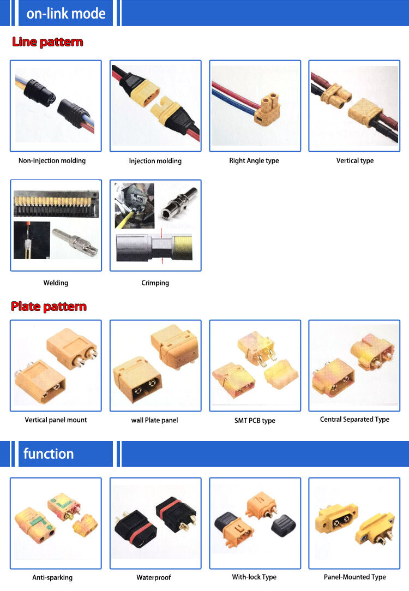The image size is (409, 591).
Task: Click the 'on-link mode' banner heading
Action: [65, 13]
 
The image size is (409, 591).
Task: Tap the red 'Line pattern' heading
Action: [47, 42]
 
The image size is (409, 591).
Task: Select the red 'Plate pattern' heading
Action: [49, 307]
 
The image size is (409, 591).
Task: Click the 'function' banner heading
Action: [49, 453]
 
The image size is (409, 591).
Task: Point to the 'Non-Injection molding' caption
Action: [52, 160]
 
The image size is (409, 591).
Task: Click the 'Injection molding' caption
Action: [155, 161]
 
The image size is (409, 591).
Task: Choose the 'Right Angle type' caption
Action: [254, 160]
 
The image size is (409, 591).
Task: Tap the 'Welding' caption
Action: [56, 283]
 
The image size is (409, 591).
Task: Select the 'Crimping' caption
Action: [155, 283]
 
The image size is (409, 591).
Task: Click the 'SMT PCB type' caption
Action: [255, 420]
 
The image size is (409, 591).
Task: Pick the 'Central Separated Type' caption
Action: [354, 419]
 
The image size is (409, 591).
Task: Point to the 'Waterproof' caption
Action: [154, 577]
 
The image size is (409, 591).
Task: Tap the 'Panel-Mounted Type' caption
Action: [354, 577]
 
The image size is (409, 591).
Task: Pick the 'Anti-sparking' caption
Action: [52, 577]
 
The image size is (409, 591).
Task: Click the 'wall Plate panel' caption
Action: [154, 420]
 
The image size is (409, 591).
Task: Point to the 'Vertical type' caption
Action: [354, 160]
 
